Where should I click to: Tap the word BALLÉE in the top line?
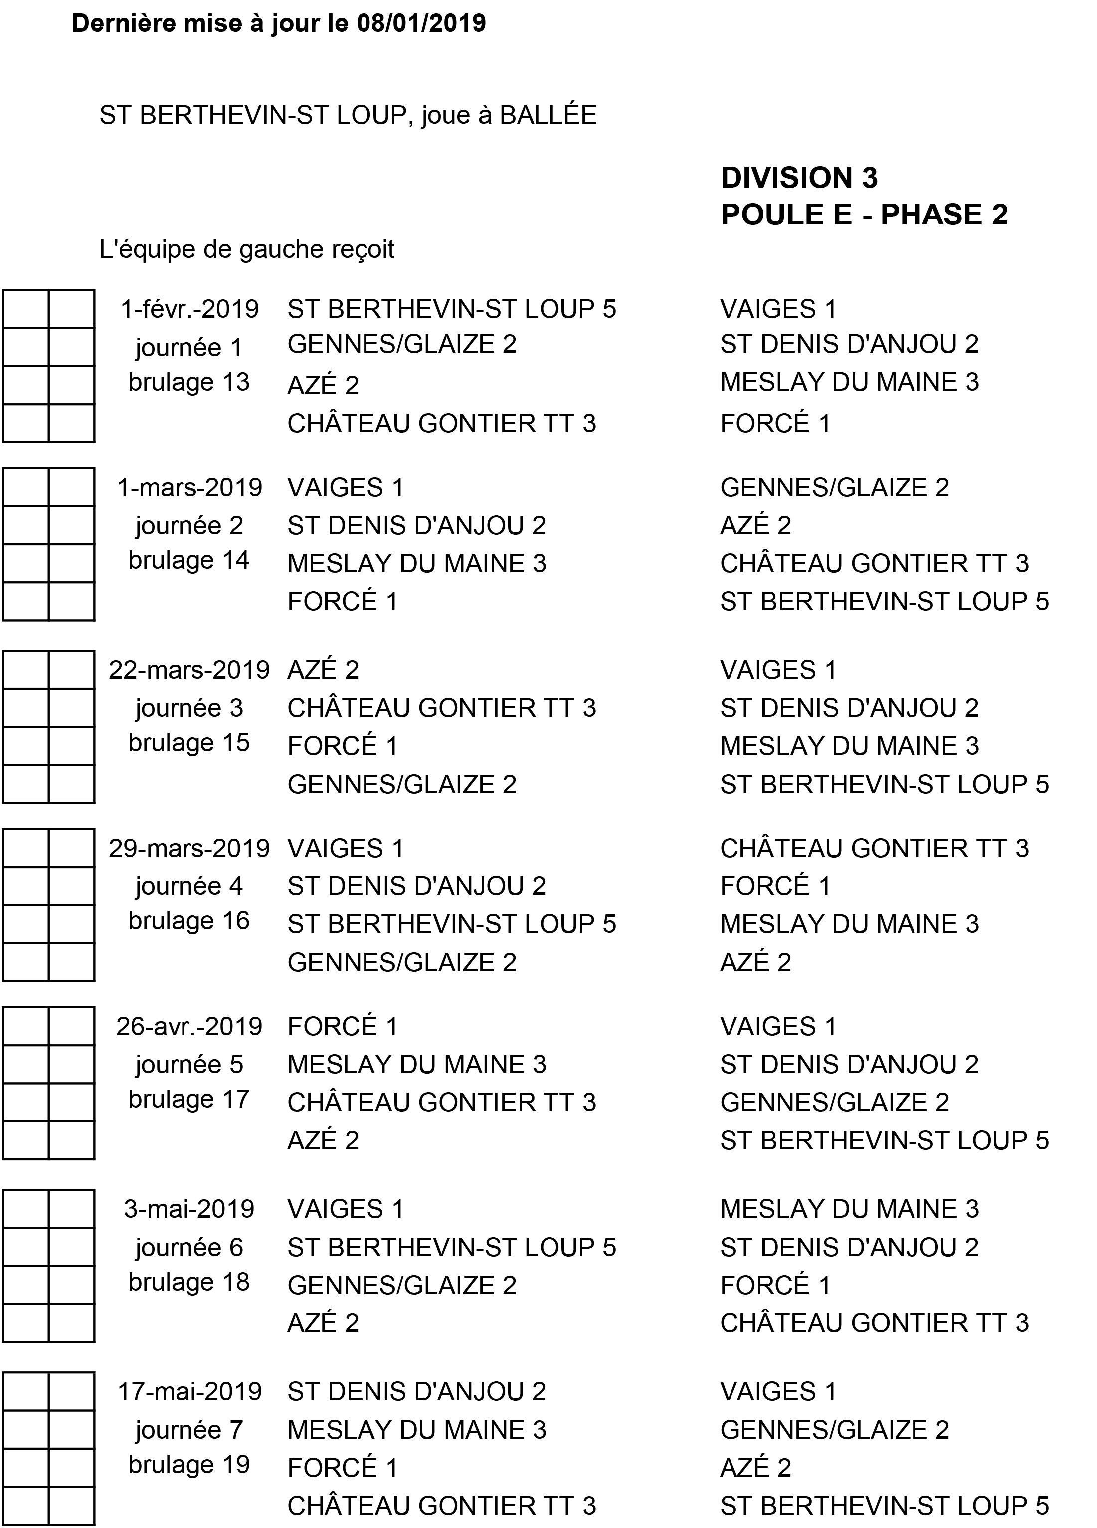tap(548, 115)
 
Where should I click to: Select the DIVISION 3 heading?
tap(799, 178)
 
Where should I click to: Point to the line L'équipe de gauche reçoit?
tap(246, 250)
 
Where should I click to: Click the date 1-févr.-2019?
tap(189, 309)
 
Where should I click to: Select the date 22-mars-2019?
tap(189, 670)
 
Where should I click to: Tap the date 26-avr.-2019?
tap(189, 1026)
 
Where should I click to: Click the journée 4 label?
tap(189, 886)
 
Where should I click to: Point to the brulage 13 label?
tap(189, 382)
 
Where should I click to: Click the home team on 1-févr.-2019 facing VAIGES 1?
tap(451, 309)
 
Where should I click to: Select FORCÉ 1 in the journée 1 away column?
tap(775, 423)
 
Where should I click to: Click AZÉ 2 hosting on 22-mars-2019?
tap(323, 670)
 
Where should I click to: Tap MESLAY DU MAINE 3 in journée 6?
tap(849, 1209)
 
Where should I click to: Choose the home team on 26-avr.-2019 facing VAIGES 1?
tap(342, 1026)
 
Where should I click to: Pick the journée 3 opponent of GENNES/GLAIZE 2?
tap(884, 784)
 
